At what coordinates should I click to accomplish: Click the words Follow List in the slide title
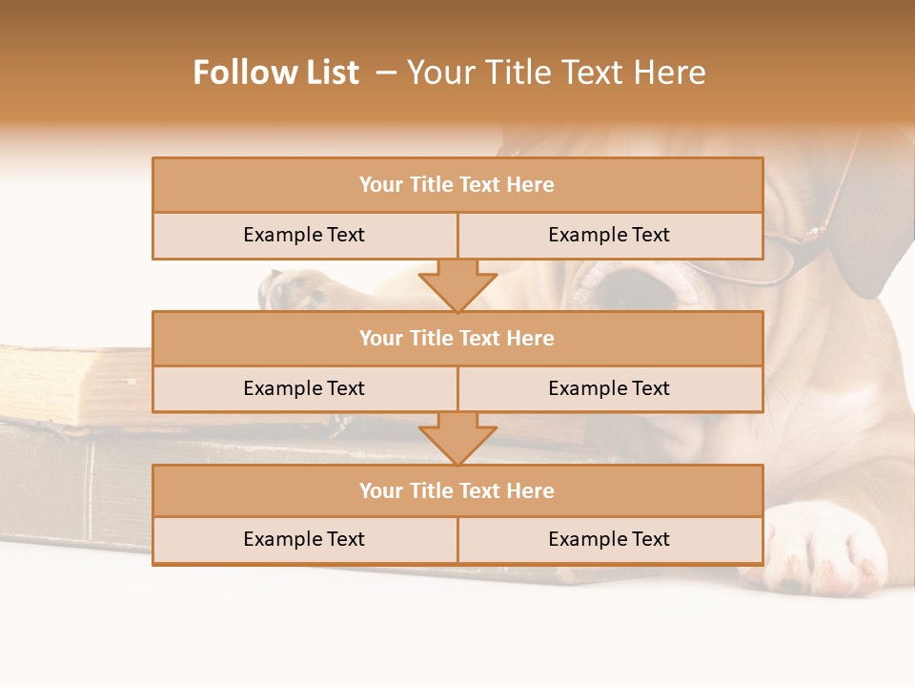coord(275,73)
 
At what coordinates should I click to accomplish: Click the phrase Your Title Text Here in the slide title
coord(556,73)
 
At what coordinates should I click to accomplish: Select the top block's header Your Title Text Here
coord(457,185)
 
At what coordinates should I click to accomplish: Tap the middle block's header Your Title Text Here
coord(457,338)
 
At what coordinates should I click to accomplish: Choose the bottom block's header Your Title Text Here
coord(457,490)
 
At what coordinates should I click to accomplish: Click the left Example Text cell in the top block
coord(304,235)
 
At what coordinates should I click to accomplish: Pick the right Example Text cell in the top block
coord(609,235)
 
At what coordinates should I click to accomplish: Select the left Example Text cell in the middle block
coord(304,388)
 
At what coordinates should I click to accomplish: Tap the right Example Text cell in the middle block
coord(609,388)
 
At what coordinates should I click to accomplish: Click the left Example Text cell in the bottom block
coord(304,539)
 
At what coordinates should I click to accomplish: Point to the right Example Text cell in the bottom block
coord(609,539)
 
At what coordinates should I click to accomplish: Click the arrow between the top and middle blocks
coord(457,284)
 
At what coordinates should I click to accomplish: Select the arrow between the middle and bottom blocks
coord(457,437)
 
